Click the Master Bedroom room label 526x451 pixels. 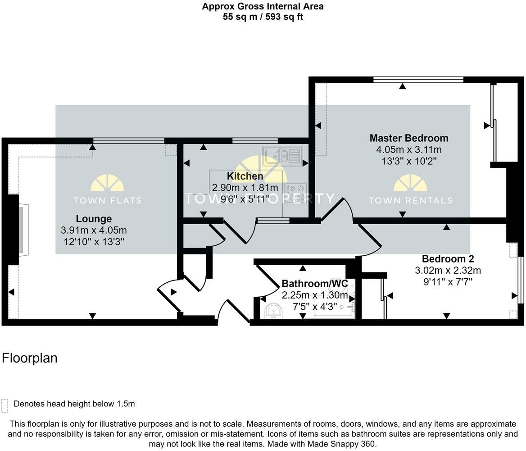pos(408,138)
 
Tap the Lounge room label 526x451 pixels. pos(94,219)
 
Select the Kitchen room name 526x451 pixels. pos(245,176)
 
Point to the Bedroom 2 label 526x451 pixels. pos(448,259)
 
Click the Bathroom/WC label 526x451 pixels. pos(315,284)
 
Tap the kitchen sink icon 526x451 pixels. pos(282,156)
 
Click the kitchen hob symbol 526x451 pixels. pos(295,193)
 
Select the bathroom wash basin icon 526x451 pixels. pos(273,310)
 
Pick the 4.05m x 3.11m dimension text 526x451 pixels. pos(408,150)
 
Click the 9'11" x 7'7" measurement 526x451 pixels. pos(448,282)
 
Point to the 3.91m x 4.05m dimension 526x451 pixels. pos(94,230)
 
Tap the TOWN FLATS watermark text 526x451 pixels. pos(107,200)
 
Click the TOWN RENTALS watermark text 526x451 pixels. pos(410,200)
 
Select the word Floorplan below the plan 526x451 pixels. pos(30,358)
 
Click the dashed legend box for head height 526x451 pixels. pos(5,405)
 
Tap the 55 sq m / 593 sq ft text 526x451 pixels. pos(263,17)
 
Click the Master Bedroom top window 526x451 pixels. pos(418,80)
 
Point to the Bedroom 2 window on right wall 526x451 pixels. pos(521,280)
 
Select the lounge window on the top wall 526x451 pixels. pos(129,141)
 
